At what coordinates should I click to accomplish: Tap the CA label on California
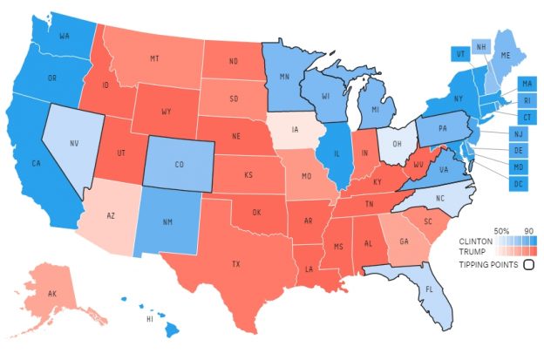click(37, 163)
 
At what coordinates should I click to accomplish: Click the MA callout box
click(527, 84)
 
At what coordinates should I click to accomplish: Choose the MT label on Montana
click(153, 58)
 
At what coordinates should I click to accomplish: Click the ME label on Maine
click(503, 53)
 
